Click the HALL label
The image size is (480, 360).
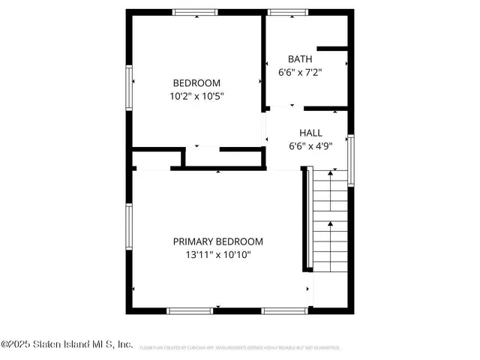click(x=311, y=133)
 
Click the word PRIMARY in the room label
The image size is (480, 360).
click(x=193, y=241)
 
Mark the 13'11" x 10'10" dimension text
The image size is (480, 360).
click(x=218, y=255)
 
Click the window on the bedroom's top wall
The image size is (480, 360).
click(x=195, y=12)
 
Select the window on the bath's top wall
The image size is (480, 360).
click(x=283, y=12)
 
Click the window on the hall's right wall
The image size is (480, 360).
click(x=350, y=159)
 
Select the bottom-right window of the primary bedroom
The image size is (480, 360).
click(x=284, y=310)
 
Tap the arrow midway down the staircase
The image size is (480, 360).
click(x=330, y=225)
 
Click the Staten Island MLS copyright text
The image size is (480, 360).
click(x=67, y=345)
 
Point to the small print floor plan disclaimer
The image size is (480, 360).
click(x=239, y=348)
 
